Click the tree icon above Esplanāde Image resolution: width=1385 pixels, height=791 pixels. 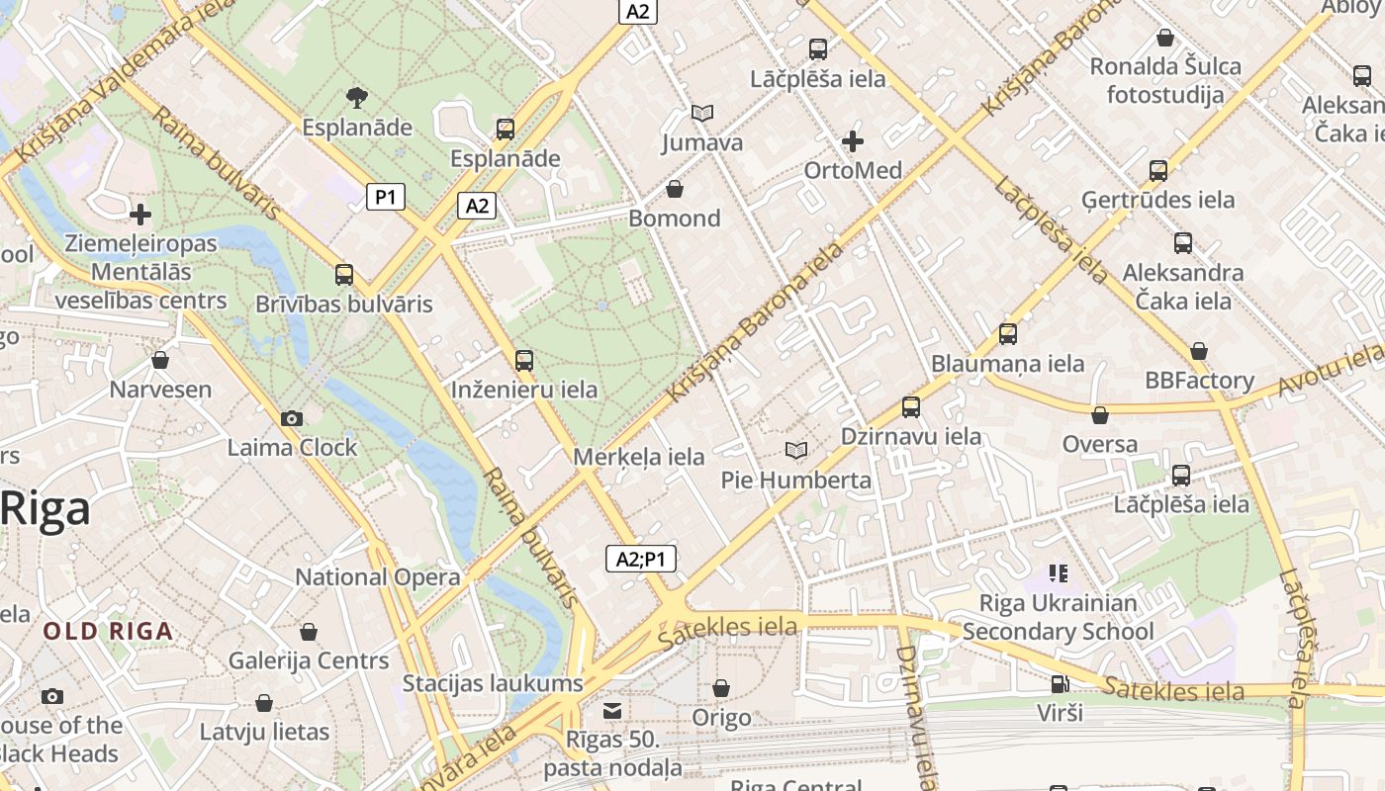tap(357, 97)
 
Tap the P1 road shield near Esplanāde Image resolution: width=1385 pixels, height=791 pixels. tap(386, 197)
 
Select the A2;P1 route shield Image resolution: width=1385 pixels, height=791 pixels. tap(641, 559)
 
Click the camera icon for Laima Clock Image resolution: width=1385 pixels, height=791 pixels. tap(291, 418)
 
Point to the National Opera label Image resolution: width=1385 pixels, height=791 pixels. tap(378, 576)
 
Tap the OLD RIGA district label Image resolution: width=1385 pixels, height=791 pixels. tap(108, 631)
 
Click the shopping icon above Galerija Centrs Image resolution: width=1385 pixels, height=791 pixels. tap(309, 632)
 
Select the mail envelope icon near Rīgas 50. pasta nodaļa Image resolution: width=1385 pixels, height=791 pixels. tap(613, 711)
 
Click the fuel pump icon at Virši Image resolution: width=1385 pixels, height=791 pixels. tap(1060, 684)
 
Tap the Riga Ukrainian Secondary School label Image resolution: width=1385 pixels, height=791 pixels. tap(1058, 617)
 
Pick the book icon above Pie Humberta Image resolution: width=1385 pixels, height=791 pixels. tap(795, 451)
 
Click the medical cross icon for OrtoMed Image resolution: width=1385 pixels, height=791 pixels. tap(852, 141)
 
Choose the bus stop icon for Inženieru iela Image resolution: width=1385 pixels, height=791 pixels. tap(524, 361)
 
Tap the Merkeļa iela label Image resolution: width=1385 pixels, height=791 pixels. tap(639, 457)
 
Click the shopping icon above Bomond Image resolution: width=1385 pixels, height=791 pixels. tap(675, 189)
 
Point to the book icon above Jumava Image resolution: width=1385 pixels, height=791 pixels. tap(702, 114)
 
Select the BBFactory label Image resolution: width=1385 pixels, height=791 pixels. tap(1199, 381)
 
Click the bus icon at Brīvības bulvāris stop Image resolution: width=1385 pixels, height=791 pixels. tap(344, 275)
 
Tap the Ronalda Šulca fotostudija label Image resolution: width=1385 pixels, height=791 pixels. tap(1165, 80)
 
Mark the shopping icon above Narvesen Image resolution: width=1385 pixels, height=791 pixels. tap(160, 360)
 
